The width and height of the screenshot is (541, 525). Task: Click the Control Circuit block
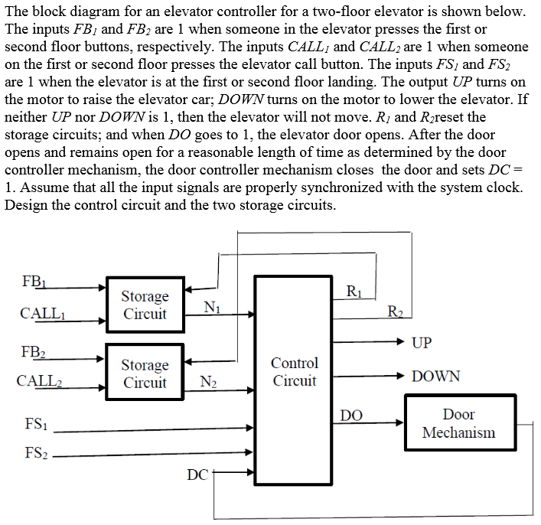(295, 372)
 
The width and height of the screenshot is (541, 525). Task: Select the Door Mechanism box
(458, 423)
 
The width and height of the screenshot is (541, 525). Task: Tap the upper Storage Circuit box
(145, 305)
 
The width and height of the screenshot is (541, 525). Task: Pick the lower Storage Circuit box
(145, 373)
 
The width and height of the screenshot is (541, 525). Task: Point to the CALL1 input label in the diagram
(41, 313)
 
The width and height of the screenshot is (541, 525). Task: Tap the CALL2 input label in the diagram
(41, 380)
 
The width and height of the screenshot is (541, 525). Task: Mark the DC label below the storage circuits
(197, 476)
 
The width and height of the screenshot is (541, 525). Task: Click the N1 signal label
(212, 307)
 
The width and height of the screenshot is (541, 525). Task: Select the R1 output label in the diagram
(354, 291)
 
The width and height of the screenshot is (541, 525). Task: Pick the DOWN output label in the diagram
(435, 377)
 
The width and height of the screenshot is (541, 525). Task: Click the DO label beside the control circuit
(351, 415)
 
